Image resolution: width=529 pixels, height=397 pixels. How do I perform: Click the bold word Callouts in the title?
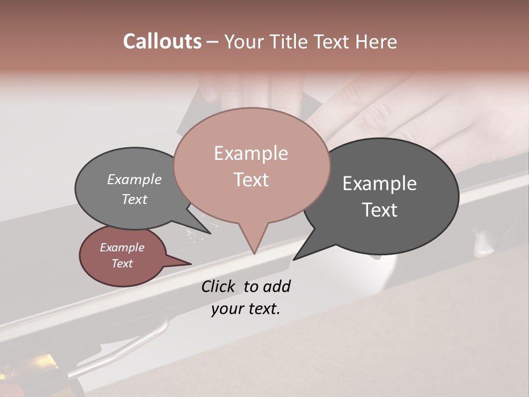[162, 41]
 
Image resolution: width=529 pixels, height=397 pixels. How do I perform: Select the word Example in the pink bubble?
[251, 153]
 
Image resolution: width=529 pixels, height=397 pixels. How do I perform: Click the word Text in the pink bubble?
[251, 180]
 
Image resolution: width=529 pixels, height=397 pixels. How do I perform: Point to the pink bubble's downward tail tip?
[254, 254]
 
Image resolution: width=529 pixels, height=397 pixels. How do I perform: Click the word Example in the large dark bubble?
[380, 184]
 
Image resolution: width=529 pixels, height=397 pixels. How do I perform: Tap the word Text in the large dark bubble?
[380, 210]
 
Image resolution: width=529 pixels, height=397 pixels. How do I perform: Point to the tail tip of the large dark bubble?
[294, 259]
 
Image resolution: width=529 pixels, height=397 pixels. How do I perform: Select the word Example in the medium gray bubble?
[134, 180]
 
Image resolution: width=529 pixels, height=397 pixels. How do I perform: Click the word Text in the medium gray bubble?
[134, 200]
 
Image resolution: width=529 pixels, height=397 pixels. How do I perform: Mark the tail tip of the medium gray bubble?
[210, 233]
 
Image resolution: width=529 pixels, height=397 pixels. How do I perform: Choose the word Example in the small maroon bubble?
[122, 248]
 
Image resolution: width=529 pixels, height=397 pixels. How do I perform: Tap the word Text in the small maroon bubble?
[122, 264]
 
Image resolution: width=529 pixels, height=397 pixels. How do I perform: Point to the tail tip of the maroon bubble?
[191, 264]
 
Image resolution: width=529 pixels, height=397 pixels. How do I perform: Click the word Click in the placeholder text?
[219, 286]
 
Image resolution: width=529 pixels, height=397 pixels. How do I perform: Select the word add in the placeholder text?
[277, 286]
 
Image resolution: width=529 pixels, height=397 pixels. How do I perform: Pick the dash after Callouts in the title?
[213, 42]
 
